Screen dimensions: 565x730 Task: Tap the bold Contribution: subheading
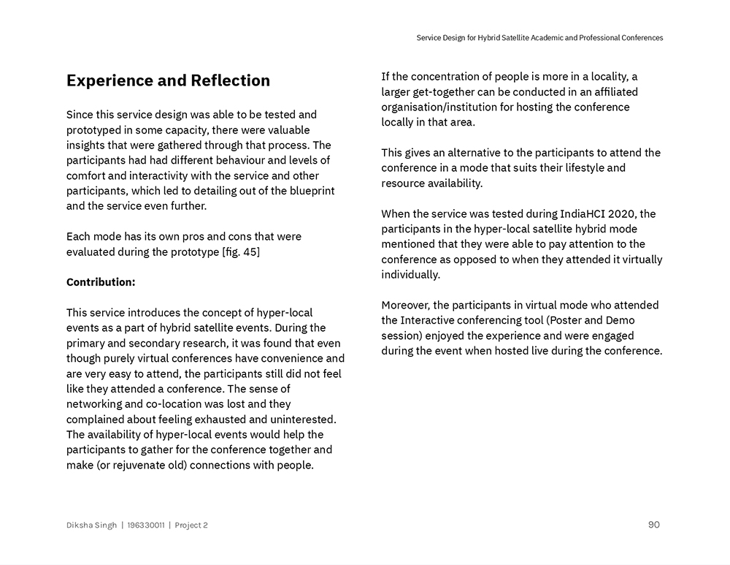(101, 282)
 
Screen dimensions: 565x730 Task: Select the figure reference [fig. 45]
(240, 252)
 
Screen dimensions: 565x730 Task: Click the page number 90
(653, 525)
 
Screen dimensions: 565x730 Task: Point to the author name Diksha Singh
(91, 526)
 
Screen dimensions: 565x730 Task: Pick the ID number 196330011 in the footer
(145, 526)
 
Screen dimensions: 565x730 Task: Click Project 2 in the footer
(191, 526)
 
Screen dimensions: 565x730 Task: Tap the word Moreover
(406, 306)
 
